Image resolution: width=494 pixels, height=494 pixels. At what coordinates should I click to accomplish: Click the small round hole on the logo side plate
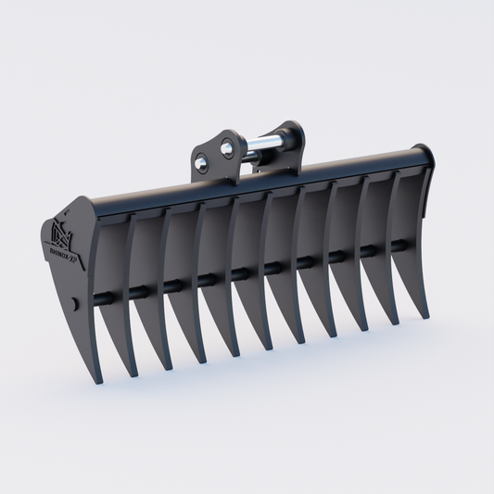pyautogui.click(x=74, y=304)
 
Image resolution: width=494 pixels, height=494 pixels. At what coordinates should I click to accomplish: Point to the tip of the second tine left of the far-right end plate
pyautogui.click(x=366, y=329)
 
